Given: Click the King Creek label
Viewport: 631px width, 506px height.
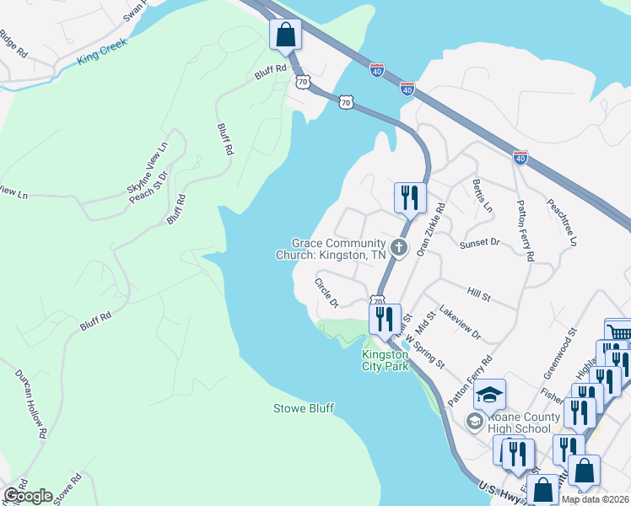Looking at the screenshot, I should tap(100, 51).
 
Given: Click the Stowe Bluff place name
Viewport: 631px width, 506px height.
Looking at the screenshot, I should tap(303, 408).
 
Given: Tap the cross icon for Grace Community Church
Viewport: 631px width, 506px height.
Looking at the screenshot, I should tap(399, 248).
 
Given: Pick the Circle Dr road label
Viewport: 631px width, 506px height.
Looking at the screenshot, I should tap(326, 292).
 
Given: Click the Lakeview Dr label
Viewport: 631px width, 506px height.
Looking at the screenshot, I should tap(460, 324).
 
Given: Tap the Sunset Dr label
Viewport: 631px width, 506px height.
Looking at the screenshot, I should tap(480, 243).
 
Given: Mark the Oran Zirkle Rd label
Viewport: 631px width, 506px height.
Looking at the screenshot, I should tap(431, 227).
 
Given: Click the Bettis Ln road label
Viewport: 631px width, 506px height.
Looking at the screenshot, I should tap(483, 196).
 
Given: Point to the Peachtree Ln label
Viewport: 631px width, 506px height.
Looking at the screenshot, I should tap(561, 222).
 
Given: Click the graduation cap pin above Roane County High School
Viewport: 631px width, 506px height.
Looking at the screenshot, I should tap(488, 395).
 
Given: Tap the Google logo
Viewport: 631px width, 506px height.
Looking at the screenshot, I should tap(27, 496).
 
